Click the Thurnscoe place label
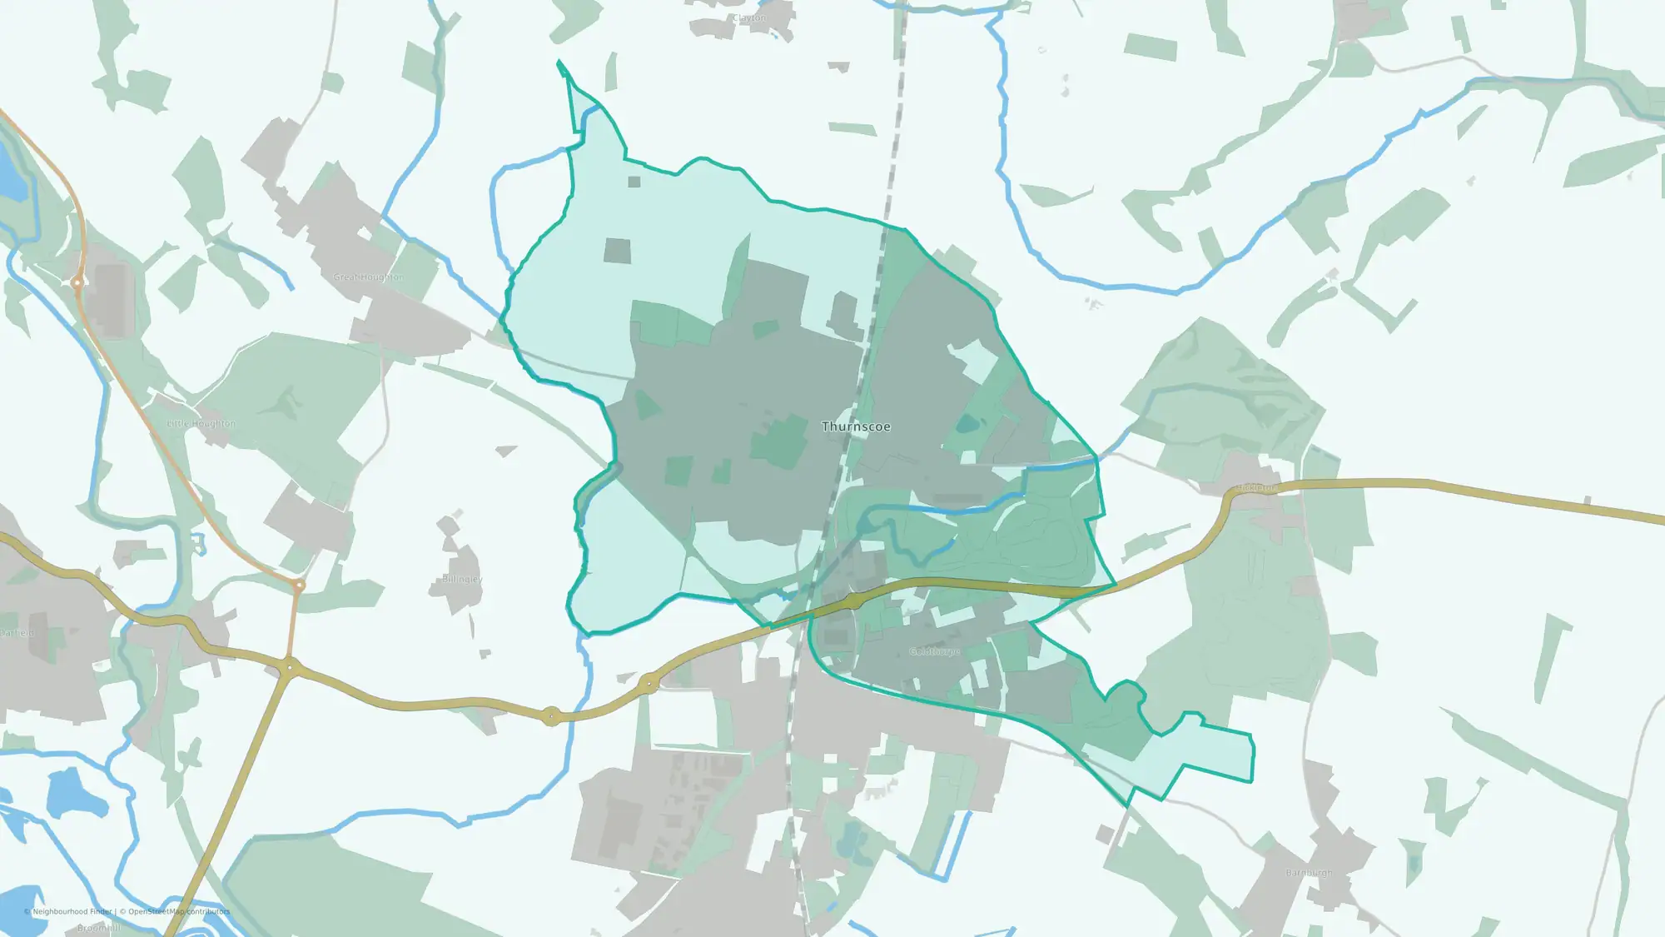856,426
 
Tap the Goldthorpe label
934,651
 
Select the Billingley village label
462,579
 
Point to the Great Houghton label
368,277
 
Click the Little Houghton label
201,423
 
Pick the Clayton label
749,17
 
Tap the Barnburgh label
1309,873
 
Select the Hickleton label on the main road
1255,487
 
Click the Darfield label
17,633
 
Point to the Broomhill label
98,928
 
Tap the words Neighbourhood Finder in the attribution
72,911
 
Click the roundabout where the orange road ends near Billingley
298,586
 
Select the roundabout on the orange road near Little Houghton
77,283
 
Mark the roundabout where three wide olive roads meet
290,668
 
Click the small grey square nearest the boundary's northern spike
634,182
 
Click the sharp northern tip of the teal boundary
559,62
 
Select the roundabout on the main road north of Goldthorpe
852,601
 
